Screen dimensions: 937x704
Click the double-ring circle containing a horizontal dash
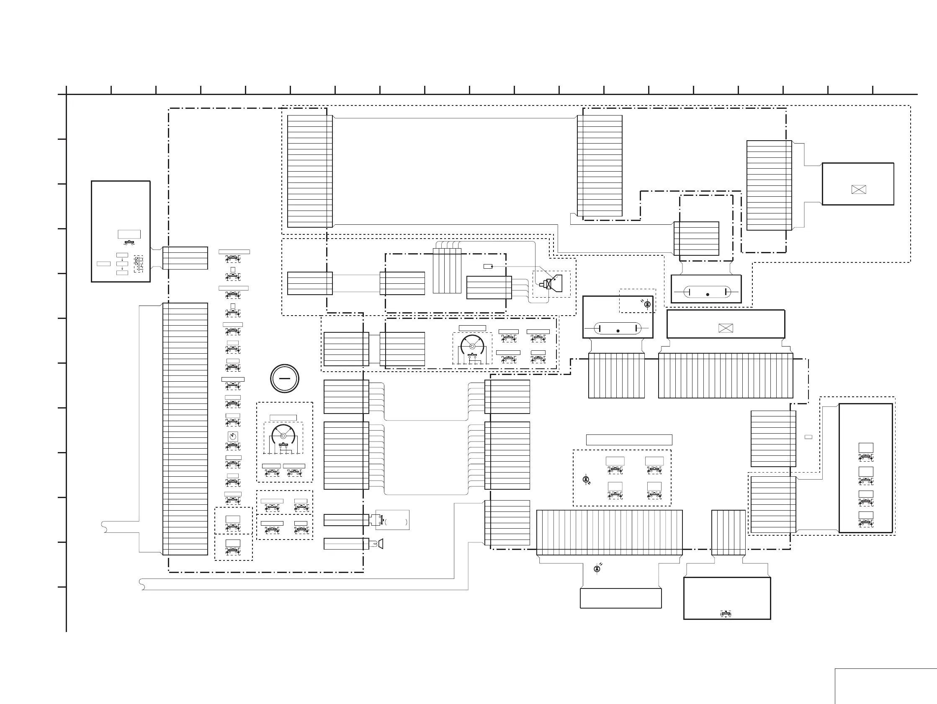(285, 378)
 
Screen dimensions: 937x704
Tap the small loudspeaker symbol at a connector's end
(381, 543)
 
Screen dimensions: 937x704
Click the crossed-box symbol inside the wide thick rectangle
(726, 328)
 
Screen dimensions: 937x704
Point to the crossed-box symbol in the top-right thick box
(858, 189)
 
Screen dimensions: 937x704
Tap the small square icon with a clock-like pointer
(232, 436)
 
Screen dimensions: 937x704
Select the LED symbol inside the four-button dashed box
(586, 480)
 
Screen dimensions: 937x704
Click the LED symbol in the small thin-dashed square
(647, 304)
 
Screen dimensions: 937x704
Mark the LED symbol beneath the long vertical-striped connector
(597, 568)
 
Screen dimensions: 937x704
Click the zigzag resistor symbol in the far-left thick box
(139, 263)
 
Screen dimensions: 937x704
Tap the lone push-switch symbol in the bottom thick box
(726, 614)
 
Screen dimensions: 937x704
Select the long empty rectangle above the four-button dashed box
(629, 439)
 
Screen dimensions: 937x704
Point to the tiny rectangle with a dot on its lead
(488, 267)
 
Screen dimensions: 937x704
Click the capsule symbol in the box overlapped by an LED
(618, 329)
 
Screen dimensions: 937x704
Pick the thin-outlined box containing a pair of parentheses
(392, 520)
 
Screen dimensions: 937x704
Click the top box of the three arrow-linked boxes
(122, 255)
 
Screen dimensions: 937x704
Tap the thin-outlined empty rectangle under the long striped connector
(620, 598)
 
